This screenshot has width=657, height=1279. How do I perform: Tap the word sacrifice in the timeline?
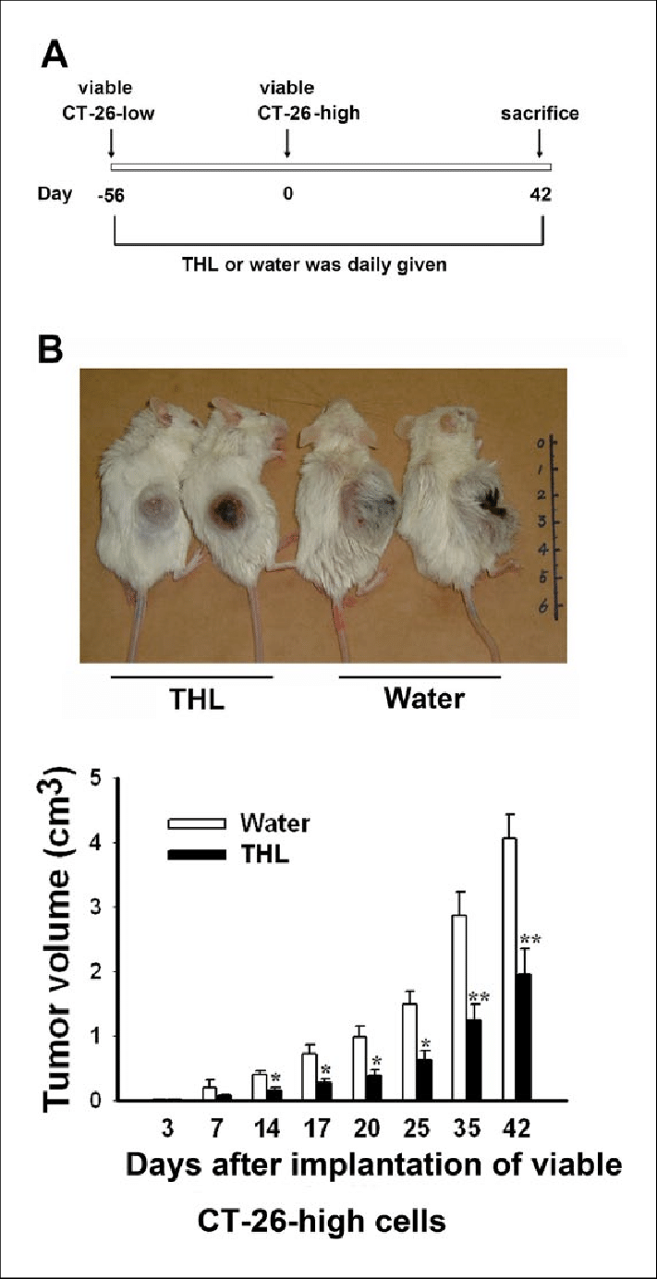coord(541,115)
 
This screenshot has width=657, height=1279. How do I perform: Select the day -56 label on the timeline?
coord(112,196)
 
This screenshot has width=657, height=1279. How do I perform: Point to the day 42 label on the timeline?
coord(541,196)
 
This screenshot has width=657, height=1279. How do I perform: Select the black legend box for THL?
coord(197,855)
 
